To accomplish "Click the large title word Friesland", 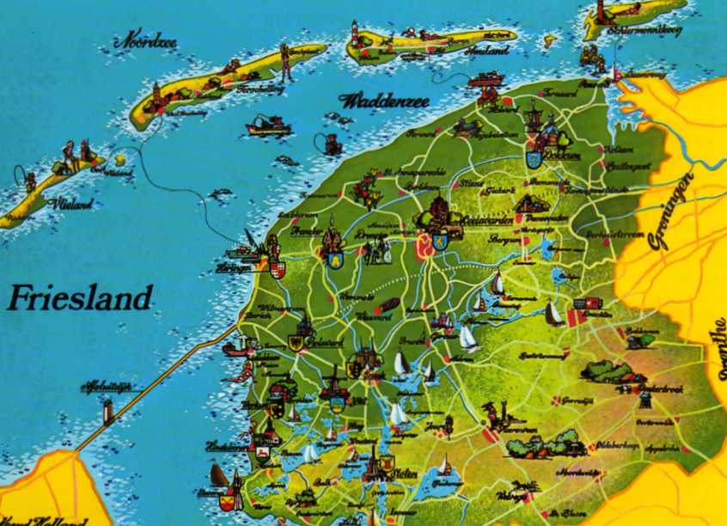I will (x=79, y=298).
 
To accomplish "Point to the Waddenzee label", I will (x=383, y=101).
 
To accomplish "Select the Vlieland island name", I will (x=73, y=205).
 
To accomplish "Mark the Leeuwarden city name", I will (x=489, y=220).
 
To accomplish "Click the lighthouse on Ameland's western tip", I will (x=353, y=33).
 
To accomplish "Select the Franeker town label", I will (x=306, y=232).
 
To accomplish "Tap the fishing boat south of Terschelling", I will (x=269, y=126).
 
